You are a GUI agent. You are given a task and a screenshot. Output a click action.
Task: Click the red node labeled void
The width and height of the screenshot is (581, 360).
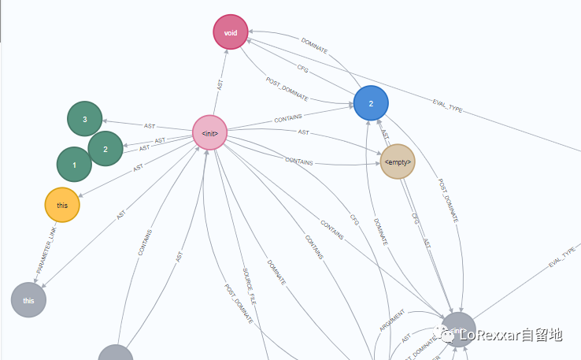[231, 32]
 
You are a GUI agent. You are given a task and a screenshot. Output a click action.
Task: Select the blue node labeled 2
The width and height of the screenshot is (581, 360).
[371, 103]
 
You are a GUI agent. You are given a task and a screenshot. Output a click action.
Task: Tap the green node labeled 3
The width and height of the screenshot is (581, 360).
[84, 119]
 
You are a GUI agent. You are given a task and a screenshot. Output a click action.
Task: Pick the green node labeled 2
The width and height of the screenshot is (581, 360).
[105, 149]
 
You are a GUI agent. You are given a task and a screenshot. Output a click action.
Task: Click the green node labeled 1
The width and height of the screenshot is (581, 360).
[75, 165]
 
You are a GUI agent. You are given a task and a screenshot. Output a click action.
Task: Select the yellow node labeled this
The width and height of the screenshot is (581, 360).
[62, 205]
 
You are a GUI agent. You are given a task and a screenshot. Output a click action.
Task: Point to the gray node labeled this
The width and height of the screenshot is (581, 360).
[29, 300]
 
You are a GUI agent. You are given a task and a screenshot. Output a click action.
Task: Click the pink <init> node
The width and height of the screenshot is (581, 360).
[210, 132]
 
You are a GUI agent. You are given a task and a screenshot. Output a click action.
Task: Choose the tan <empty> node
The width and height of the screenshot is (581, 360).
[397, 162]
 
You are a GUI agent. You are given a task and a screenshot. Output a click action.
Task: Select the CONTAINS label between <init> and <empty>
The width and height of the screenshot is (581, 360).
[298, 162]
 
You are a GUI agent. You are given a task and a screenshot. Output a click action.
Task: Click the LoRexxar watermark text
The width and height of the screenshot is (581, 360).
[510, 336]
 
